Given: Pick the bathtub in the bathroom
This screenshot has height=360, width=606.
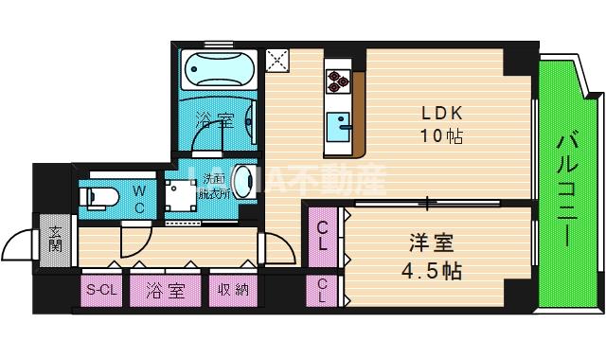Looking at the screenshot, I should click(219, 69).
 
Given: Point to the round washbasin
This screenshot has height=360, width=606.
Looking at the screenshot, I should click(244, 180).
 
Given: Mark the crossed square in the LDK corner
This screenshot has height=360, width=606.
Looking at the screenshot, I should click(279, 61).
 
